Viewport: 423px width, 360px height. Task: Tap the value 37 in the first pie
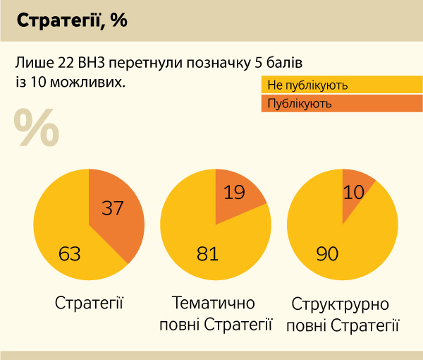pyautogui.click(x=113, y=208)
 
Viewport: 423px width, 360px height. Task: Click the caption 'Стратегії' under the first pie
pyautogui.click(x=89, y=304)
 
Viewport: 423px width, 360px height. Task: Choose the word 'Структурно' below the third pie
pyautogui.click(x=340, y=304)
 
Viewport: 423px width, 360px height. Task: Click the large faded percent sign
pyautogui.click(x=36, y=127)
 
